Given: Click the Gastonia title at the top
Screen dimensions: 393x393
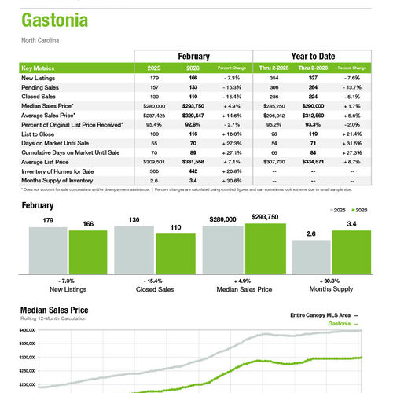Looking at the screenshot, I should [x=53, y=19].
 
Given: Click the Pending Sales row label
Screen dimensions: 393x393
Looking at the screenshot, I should [x=42, y=86].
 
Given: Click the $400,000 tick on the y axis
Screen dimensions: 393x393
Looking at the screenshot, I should [x=28, y=331].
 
